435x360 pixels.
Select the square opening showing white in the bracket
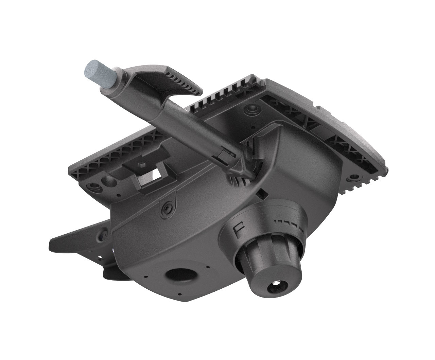157,175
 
